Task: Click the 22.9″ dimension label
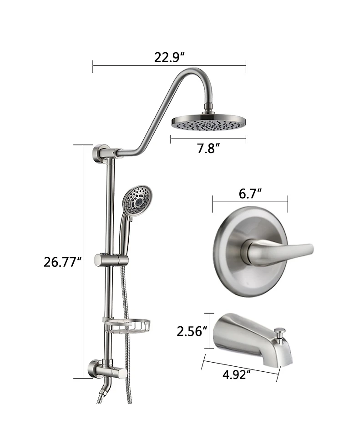point(169,57)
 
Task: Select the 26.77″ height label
point(62,263)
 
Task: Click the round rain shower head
point(208,121)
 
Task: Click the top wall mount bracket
point(102,151)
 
